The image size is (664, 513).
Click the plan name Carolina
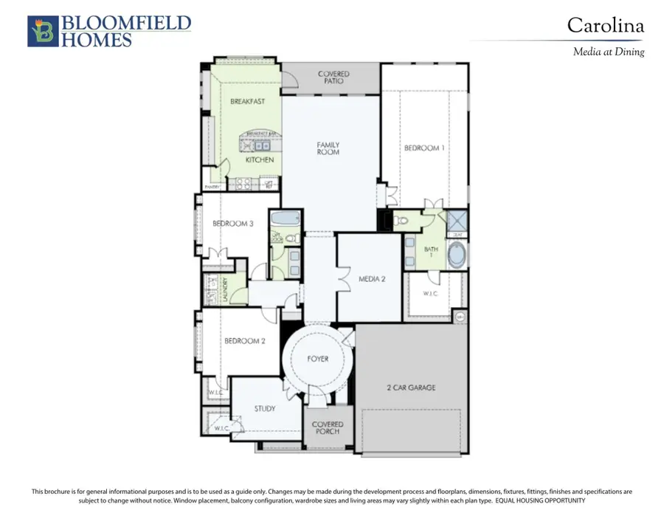coord(605,26)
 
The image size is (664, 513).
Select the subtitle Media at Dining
coord(609,52)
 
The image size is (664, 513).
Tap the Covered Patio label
coord(333,78)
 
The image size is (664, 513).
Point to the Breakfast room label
coord(247,101)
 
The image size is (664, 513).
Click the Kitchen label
coord(259,159)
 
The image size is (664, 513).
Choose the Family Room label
coord(328,148)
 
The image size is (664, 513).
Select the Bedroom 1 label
coord(424,148)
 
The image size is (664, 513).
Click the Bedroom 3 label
coord(233,224)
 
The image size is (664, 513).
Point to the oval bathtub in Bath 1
coord(457,255)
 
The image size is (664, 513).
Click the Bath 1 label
coord(431,253)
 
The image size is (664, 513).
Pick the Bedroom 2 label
coord(245,341)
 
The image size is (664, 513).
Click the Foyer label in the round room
coord(318,359)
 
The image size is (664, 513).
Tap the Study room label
coord(265,408)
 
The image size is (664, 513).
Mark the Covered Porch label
coord(328,428)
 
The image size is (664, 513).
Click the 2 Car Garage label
coord(411,388)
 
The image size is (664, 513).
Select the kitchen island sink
coord(259,145)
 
